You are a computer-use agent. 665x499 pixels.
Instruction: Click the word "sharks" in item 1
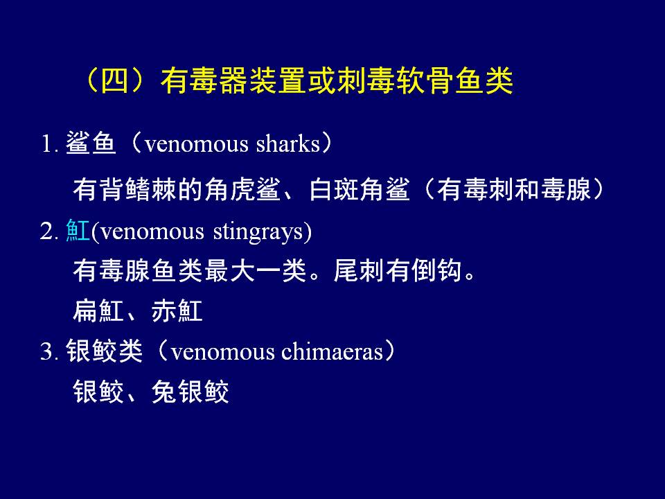click(288, 144)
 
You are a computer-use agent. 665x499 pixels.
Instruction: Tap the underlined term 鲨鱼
click(91, 143)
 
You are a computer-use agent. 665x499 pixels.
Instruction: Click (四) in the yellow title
click(114, 80)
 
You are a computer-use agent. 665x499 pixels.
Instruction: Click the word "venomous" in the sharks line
click(196, 144)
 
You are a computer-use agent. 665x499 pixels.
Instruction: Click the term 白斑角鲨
click(360, 189)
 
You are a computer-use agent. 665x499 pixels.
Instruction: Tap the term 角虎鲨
click(242, 189)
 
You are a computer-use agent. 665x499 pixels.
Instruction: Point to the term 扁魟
click(98, 310)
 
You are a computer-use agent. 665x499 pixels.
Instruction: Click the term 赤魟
click(177, 310)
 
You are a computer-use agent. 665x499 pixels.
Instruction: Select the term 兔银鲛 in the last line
click(190, 391)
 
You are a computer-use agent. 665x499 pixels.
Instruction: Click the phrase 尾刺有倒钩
click(398, 270)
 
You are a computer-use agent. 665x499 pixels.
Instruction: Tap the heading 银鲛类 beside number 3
click(104, 351)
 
